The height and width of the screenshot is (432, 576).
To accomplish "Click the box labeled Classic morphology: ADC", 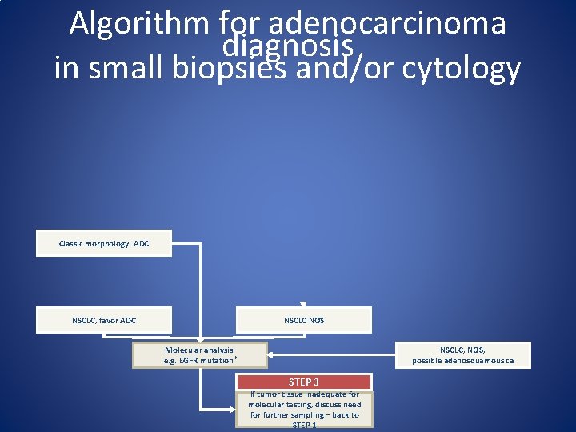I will pos(104,243).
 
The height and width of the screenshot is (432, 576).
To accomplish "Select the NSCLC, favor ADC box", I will pos(104,320).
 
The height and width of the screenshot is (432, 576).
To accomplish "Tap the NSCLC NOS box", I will pos(304,320).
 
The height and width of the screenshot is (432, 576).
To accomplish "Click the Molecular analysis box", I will pos(200,355).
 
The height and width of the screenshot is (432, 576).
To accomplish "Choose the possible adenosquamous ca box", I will pos(463,355).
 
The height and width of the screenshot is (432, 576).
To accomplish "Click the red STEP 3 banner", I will pos(304,382).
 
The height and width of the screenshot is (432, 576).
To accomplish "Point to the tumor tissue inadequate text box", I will pos(304,409).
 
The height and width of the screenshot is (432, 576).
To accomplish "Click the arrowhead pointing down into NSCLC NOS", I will pos(304,305).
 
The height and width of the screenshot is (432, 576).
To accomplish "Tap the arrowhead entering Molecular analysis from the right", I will pos(271,354).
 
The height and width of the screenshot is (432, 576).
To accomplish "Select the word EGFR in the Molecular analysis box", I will pos(190,361).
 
